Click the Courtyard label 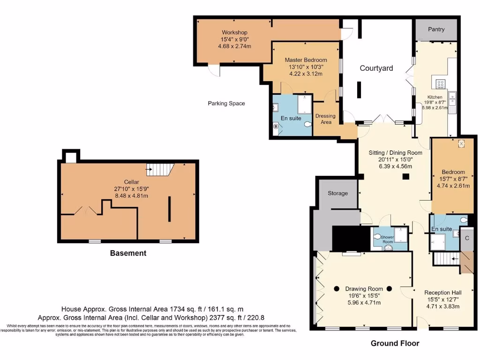click(376, 68)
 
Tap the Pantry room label click(436, 30)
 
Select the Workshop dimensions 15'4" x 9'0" click(234, 39)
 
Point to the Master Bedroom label click(306, 60)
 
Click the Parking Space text click(226, 104)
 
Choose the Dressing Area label click(325, 119)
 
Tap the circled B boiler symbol click(276, 126)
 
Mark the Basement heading click(128, 253)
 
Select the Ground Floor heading click(395, 343)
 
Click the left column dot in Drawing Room click(336, 289)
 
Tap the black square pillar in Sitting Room click(406, 177)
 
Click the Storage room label click(337, 193)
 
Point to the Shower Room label click(388, 239)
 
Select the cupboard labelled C click(467, 238)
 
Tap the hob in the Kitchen click(441, 84)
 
